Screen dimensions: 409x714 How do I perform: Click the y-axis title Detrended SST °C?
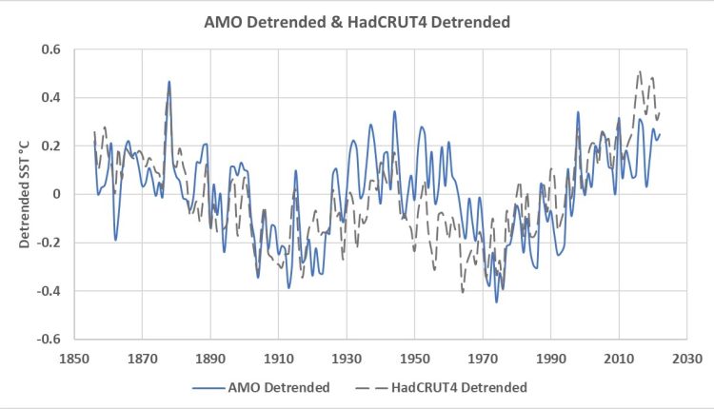point(27,195)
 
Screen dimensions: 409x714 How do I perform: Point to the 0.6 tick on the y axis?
point(50,49)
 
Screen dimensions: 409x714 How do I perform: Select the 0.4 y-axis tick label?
point(50,98)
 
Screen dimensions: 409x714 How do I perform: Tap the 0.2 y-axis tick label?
point(50,146)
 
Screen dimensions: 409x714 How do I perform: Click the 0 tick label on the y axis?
point(57,194)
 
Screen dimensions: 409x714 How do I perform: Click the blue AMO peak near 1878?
point(169,82)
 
